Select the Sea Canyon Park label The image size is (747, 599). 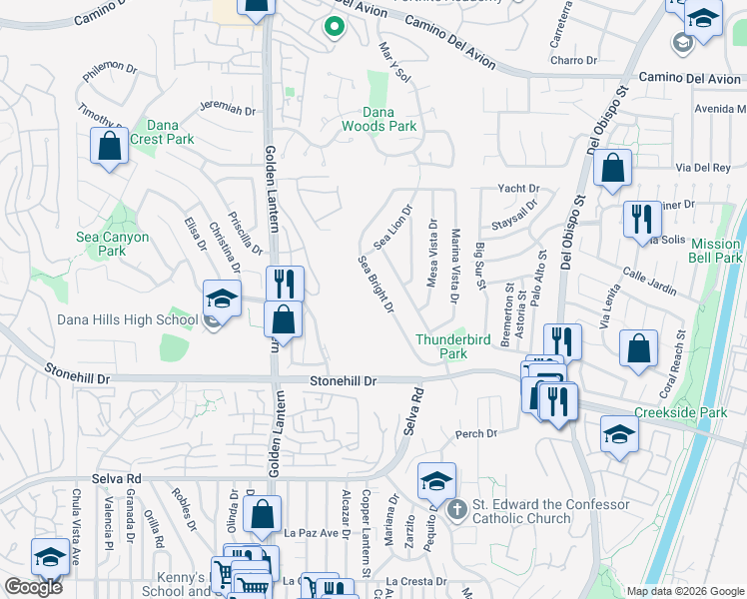(113, 244)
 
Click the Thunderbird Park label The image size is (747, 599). (454, 346)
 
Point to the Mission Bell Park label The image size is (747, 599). (716, 251)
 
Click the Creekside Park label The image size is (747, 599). (680, 412)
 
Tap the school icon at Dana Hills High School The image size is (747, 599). (222, 298)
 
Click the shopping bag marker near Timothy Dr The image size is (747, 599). (109, 146)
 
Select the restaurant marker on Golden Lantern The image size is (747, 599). (285, 285)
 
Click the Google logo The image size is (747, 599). (33, 587)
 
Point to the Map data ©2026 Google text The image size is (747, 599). (684, 591)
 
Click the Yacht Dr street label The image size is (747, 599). (518, 188)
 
